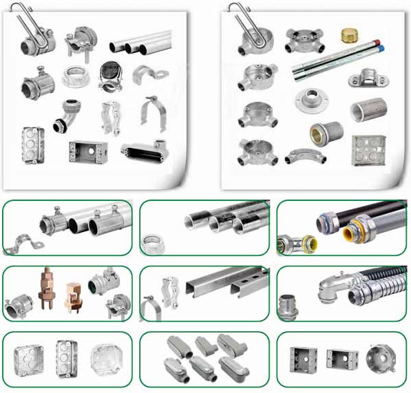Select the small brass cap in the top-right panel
pyautogui.click(x=350, y=34)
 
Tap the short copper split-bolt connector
pyautogui.click(x=74, y=296)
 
